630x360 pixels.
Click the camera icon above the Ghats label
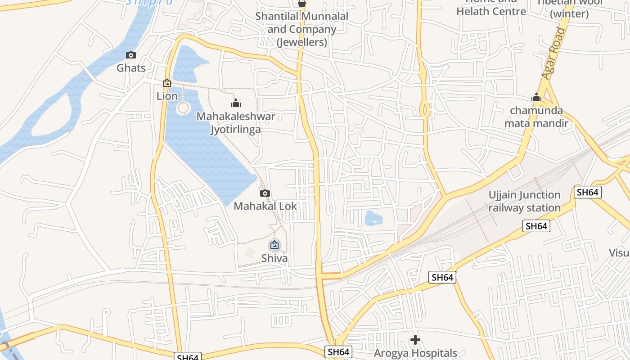click(131, 55)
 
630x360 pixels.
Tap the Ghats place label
click(131, 68)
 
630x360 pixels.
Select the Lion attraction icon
click(167, 83)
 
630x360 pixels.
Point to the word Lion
click(167, 96)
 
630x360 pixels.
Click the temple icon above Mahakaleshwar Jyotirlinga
click(236, 103)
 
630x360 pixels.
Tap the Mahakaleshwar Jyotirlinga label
click(236, 123)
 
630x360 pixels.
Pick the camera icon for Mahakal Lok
click(265, 193)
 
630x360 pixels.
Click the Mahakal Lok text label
click(265, 206)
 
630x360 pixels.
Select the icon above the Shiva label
click(274, 245)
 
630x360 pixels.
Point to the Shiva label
click(274, 258)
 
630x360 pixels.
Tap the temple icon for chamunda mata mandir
click(536, 97)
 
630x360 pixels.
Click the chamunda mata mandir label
click(536, 117)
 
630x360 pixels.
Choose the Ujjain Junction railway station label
click(524, 201)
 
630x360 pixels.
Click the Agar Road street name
click(553, 53)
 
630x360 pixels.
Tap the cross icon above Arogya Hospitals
click(415, 340)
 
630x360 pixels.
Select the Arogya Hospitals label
click(415, 353)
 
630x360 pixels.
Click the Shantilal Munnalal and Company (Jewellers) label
click(301, 29)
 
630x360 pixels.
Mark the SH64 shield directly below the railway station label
click(536, 226)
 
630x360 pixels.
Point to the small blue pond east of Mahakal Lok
click(373, 219)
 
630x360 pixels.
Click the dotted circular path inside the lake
click(183, 108)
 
